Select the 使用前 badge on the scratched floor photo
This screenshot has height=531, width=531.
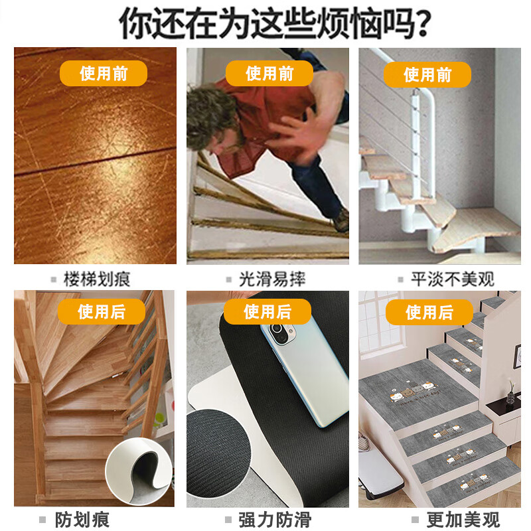pos(104,73)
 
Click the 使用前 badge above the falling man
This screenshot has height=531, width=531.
pos(269,73)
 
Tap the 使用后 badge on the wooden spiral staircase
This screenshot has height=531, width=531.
pos(102,311)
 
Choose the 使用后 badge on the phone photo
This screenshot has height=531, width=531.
pos(267,311)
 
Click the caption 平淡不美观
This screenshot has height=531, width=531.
pos(452,279)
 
